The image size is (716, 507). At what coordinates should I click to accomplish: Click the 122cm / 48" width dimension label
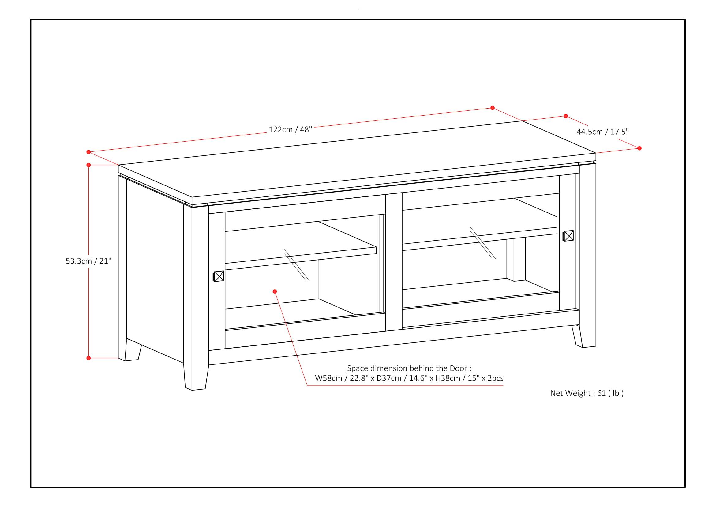pyautogui.click(x=290, y=129)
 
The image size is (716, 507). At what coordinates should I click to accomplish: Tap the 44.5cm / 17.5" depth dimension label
pyautogui.click(x=602, y=132)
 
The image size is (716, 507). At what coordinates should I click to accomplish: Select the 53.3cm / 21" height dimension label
pyautogui.click(x=88, y=261)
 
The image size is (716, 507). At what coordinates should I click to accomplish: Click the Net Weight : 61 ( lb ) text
pyautogui.click(x=587, y=393)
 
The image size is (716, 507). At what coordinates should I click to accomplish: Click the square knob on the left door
pyautogui.click(x=218, y=276)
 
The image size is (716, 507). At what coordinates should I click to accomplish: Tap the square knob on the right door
pyautogui.click(x=568, y=236)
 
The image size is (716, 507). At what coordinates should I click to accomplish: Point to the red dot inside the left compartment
pyautogui.click(x=275, y=292)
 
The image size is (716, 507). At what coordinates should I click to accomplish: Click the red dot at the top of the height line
pyautogui.click(x=88, y=165)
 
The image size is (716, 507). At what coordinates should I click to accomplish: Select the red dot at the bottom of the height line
pyautogui.click(x=88, y=358)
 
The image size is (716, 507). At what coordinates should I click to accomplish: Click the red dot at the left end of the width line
pyautogui.click(x=88, y=152)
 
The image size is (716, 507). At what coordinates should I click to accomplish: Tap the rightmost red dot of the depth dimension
pyautogui.click(x=639, y=148)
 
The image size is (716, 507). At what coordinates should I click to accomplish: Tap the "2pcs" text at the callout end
pyautogui.click(x=495, y=378)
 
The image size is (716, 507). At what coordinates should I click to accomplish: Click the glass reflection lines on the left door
pyautogui.click(x=297, y=265)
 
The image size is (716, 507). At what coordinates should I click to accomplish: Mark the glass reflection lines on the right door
pyautogui.click(x=483, y=242)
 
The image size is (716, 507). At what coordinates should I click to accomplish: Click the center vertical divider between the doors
pyautogui.click(x=394, y=262)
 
